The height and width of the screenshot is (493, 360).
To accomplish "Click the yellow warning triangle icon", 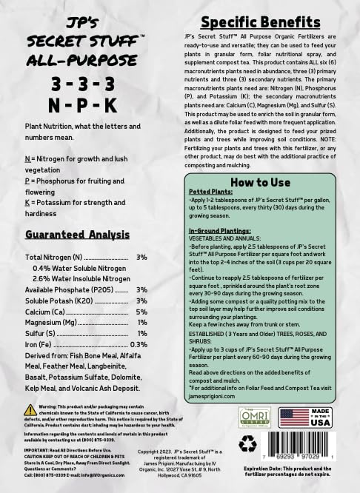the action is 30,410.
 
